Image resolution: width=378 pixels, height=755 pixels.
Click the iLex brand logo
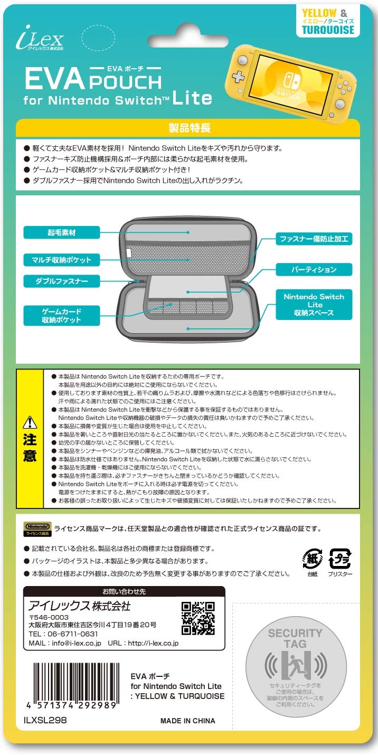[x=40, y=38]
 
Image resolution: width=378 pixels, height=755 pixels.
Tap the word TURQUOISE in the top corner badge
[x=328, y=30]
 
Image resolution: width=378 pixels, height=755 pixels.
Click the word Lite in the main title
[x=192, y=98]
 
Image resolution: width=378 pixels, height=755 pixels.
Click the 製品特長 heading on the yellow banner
[x=190, y=128]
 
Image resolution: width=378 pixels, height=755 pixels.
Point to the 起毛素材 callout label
[x=62, y=232]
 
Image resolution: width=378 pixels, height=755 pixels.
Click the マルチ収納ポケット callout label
[x=62, y=260]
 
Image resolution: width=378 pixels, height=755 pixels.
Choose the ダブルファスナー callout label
[x=62, y=281]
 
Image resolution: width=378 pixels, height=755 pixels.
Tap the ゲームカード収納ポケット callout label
[x=62, y=316]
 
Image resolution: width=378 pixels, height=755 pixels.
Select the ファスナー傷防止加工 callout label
[x=314, y=239]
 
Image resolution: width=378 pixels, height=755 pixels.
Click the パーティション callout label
[x=314, y=270]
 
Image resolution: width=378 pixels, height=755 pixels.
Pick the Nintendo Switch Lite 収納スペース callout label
[x=314, y=304]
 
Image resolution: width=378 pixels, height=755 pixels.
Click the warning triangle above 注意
[x=30, y=422]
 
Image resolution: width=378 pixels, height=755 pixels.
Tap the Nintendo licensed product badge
[x=37, y=529]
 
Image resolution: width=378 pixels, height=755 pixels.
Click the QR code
[x=198, y=618]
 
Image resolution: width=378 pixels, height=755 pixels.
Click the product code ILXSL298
[x=45, y=720]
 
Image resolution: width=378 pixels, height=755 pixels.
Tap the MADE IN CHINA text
[x=187, y=721]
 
